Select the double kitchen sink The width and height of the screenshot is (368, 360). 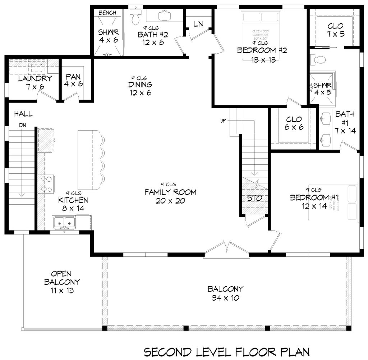(65, 223)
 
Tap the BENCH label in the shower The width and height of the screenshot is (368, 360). (107, 13)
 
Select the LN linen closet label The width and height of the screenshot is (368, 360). (198, 24)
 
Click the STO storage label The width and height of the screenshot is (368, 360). (254, 198)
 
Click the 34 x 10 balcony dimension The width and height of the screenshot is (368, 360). (226, 298)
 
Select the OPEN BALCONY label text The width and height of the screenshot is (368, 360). (62, 278)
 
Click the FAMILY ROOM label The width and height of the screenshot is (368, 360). (170, 192)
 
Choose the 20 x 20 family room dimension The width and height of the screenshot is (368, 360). (170, 201)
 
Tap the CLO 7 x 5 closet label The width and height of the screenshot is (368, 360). (335, 30)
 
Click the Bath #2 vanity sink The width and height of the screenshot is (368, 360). (166, 16)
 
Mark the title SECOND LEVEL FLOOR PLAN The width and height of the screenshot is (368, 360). (227, 351)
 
